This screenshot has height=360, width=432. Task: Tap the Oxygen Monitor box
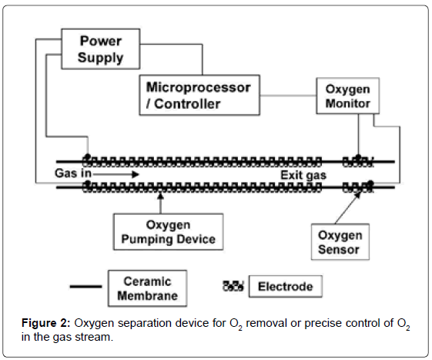(344, 96)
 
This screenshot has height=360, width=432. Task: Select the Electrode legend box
(285, 288)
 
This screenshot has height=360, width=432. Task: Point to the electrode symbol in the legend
(233, 288)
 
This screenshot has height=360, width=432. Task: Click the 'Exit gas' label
(303, 175)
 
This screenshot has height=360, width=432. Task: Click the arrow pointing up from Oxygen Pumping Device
(161, 204)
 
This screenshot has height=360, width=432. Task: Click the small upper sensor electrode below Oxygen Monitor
(357, 160)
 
